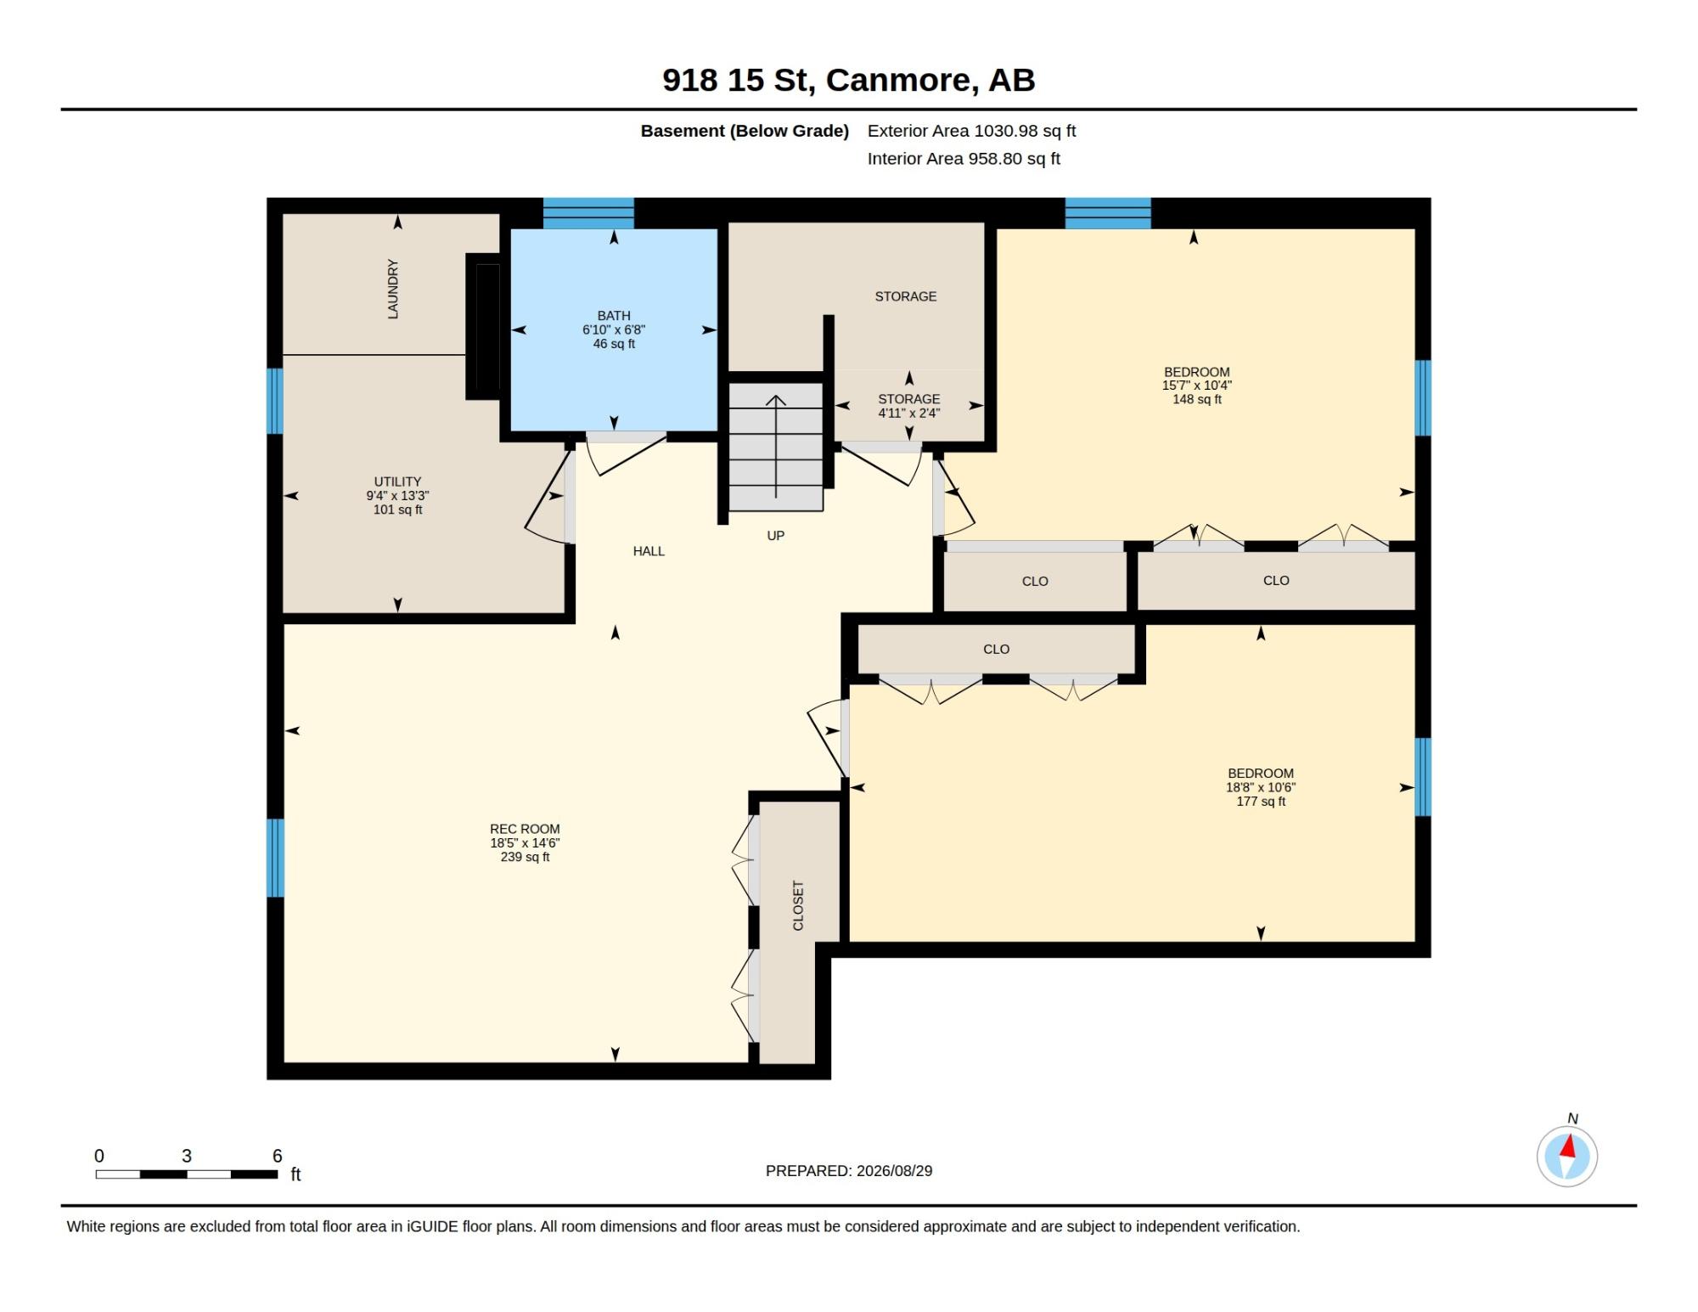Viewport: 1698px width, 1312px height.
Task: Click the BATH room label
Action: tap(614, 315)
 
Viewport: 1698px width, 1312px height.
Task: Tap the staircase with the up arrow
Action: tap(776, 447)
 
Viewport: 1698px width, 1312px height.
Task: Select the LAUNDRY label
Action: tap(393, 289)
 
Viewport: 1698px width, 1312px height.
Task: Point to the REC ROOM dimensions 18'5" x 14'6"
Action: tap(525, 843)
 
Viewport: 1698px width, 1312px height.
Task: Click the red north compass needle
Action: tap(1569, 1147)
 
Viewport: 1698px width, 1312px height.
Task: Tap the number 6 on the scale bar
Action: tap(277, 1156)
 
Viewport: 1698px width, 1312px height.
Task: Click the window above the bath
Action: tap(588, 213)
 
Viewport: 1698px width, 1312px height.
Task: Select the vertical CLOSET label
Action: tap(798, 905)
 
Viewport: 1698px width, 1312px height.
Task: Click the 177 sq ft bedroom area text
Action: tap(1261, 802)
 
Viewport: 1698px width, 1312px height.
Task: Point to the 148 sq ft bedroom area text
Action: tap(1197, 399)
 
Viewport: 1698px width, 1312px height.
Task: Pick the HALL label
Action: tap(649, 551)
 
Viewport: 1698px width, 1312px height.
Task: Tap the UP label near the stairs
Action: tap(776, 536)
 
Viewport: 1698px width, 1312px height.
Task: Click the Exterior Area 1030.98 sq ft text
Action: tap(972, 131)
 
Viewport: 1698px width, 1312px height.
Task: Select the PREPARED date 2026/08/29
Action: tap(894, 1171)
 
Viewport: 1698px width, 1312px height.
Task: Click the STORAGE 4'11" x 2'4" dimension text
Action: tap(909, 414)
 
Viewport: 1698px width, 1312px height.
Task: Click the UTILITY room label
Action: tap(397, 481)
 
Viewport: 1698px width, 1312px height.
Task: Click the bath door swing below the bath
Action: tap(625, 457)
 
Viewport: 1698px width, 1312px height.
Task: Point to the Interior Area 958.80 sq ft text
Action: tap(964, 159)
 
